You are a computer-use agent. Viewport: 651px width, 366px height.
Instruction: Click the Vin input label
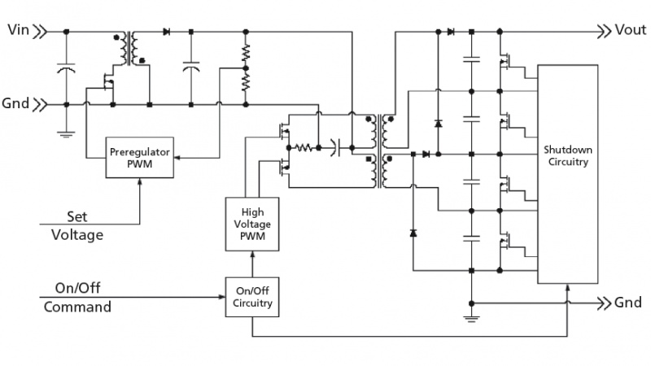[17, 31]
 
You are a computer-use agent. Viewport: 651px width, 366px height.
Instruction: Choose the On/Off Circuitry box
[252, 297]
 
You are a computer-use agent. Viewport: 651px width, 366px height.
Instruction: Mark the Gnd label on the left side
[17, 104]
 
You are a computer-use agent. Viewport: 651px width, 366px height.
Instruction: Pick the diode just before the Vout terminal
[450, 32]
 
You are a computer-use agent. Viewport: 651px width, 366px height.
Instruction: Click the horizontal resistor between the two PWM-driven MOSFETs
[305, 148]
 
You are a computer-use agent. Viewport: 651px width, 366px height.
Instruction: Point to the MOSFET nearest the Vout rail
[506, 59]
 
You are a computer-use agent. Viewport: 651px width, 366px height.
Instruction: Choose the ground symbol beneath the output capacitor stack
[471, 316]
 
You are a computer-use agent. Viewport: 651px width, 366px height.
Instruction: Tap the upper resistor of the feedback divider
[246, 54]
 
